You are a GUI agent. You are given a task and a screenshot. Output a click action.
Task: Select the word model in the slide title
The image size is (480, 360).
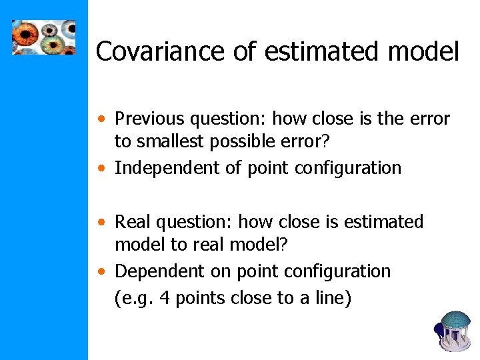421,51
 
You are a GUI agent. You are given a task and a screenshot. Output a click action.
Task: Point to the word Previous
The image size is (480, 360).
149,119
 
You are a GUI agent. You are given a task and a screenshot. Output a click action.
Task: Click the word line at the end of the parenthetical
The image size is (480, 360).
328,298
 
